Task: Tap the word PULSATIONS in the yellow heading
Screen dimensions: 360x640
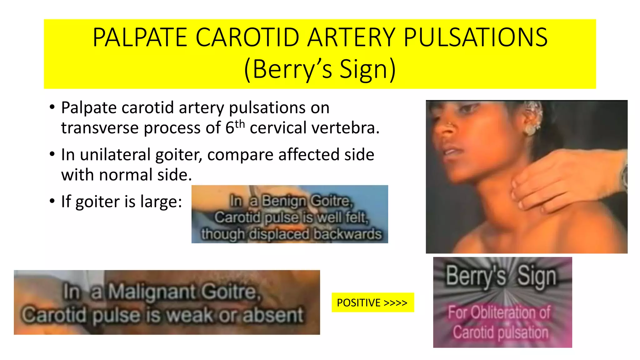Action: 475,37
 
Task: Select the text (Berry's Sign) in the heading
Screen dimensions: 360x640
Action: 320,69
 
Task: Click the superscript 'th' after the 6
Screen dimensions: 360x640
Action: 239,124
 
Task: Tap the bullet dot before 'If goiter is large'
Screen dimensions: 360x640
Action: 52,201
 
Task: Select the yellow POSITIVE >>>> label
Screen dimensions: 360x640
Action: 372,302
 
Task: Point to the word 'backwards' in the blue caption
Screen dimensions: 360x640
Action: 347,234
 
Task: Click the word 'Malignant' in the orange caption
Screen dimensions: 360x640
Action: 152,292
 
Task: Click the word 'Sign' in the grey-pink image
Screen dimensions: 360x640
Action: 537,276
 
